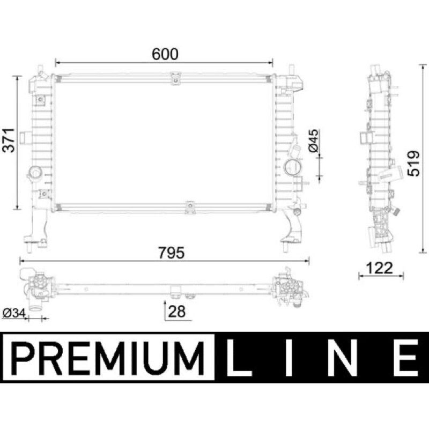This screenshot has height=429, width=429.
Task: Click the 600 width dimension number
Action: pos(165,54)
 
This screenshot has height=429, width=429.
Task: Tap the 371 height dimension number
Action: pos(9,140)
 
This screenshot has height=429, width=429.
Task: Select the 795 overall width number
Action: pos(172,253)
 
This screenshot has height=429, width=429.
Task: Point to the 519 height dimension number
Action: pos(413,163)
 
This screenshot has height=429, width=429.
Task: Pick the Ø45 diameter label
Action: pos(313,140)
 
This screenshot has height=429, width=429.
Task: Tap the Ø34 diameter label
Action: pos(14,313)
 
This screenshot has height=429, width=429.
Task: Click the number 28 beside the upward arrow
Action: pos(176,312)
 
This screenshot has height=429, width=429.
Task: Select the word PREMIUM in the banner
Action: pos(108,358)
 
